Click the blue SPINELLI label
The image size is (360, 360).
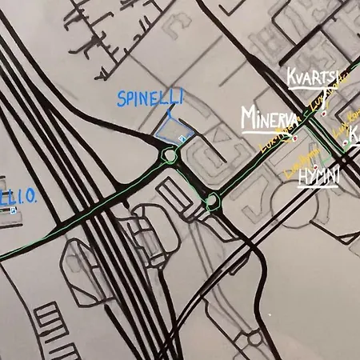[x=150, y=98]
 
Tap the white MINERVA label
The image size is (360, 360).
[x=268, y=118]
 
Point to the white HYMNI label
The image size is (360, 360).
[x=318, y=177]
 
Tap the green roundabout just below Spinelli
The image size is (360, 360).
[x=169, y=155]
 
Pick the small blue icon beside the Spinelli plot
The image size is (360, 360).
[x=182, y=138]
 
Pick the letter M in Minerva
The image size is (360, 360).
[x=248, y=118]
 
